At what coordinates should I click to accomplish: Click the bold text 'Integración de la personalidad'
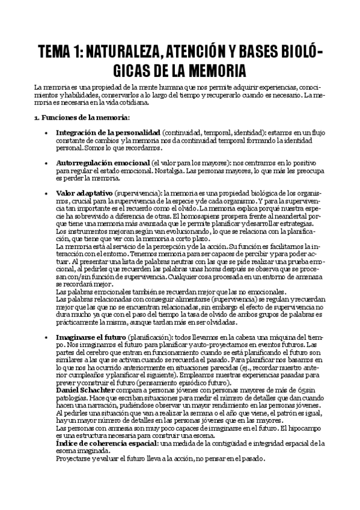(x=108, y=132)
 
